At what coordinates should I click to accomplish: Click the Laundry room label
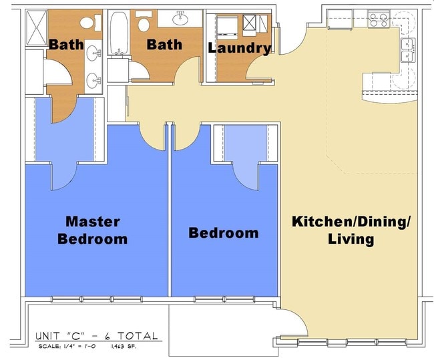(239, 48)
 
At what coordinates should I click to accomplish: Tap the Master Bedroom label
(92, 230)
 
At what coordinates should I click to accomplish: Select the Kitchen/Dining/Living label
(350, 230)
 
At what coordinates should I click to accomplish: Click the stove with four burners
(379, 20)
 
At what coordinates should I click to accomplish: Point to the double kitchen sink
(407, 51)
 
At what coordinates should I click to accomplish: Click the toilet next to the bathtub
(144, 25)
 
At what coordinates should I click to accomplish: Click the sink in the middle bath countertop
(181, 16)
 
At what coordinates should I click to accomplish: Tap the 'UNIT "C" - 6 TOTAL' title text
(96, 336)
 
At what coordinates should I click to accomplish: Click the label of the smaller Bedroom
(223, 233)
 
